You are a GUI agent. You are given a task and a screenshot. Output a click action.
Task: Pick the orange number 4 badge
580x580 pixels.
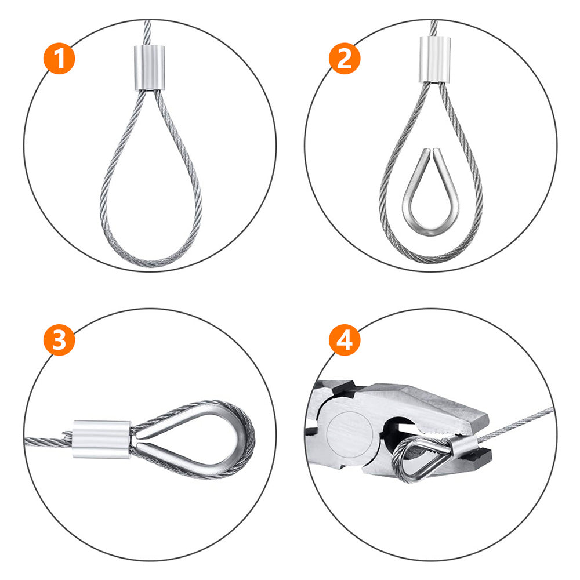point(345,340)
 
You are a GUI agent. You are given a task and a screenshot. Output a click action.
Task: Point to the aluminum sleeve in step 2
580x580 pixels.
point(434,60)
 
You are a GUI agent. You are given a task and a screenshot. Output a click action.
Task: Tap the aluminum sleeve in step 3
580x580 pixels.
point(102,440)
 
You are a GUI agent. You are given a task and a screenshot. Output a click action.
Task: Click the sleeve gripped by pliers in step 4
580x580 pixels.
point(462,446)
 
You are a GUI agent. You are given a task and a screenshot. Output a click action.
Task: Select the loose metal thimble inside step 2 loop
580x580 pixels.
point(430,197)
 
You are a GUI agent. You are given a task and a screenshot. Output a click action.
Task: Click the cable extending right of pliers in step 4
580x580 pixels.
point(522,420)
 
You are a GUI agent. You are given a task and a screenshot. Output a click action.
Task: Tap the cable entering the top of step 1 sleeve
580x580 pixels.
point(146,32)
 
